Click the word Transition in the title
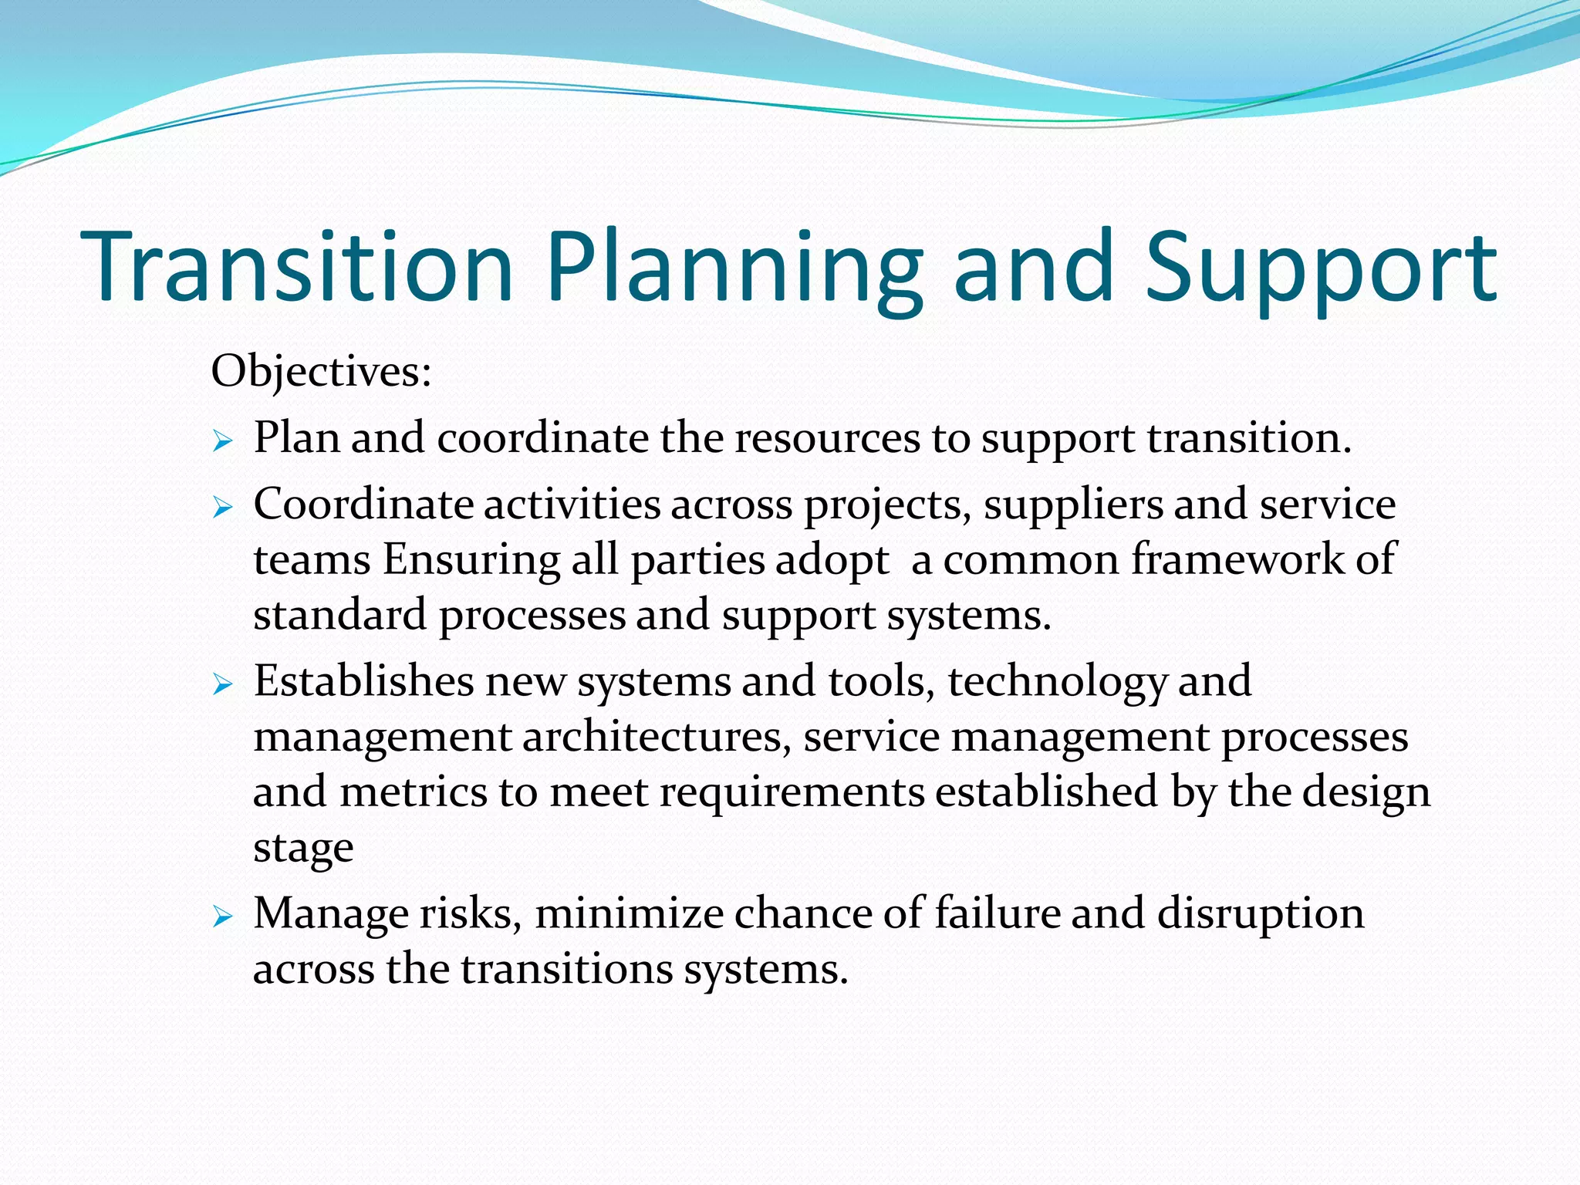(297, 266)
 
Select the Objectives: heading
(321, 372)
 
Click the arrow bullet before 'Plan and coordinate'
(222, 441)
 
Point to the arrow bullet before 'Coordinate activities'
(222, 508)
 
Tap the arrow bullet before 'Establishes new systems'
(222, 684)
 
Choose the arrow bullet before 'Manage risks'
(222, 917)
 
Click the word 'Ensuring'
(471, 560)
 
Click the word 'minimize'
(628, 914)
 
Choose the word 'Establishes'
(363, 681)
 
